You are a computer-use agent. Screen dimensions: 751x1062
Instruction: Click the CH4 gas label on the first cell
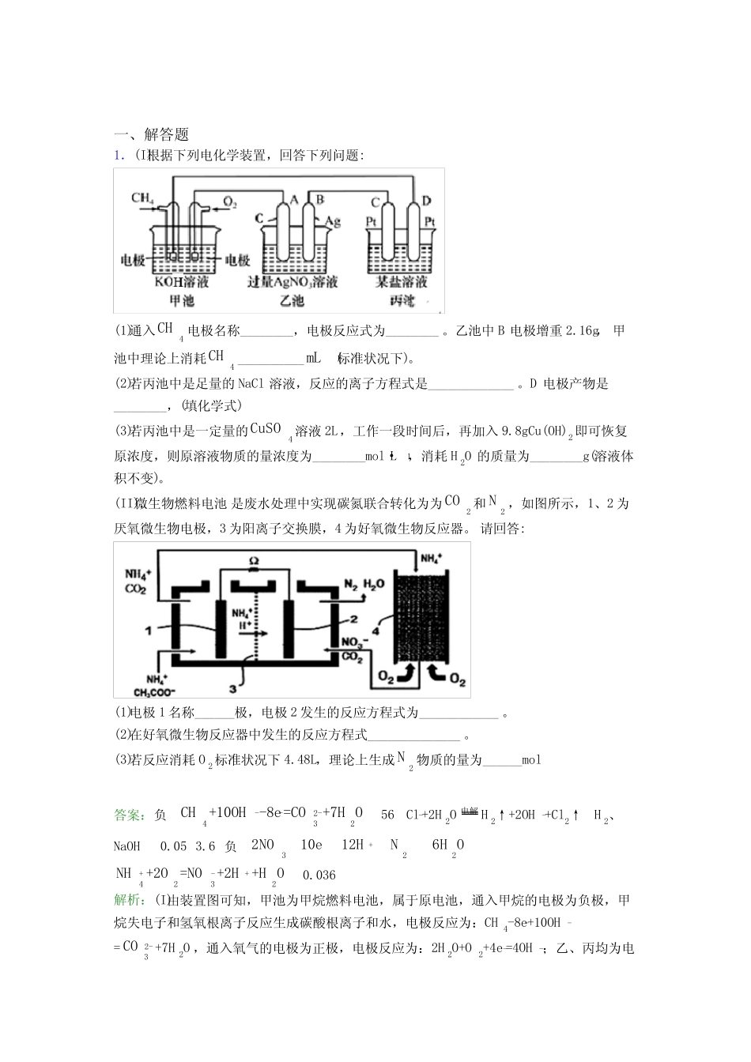click(x=142, y=198)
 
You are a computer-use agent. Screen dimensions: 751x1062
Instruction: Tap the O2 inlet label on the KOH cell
click(x=230, y=202)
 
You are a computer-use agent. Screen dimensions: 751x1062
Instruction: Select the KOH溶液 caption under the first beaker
click(x=182, y=281)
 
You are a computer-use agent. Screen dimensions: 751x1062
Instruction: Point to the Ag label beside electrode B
click(x=333, y=220)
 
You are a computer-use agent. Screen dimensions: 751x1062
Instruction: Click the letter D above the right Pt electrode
click(x=427, y=201)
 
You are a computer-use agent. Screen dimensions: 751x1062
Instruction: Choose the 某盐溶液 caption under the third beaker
click(x=402, y=281)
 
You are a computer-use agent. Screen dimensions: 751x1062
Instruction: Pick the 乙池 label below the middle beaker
click(x=292, y=300)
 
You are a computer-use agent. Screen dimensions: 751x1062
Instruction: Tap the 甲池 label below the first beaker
click(x=182, y=300)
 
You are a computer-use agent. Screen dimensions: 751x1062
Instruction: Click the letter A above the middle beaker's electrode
click(x=293, y=200)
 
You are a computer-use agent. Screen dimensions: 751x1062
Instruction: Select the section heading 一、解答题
click(x=151, y=135)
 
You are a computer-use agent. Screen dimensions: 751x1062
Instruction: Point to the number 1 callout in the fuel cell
click(x=148, y=630)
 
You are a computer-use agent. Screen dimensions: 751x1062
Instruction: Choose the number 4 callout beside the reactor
click(x=375, y=631)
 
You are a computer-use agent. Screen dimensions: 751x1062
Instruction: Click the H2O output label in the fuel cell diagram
click(x=375, y=584)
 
